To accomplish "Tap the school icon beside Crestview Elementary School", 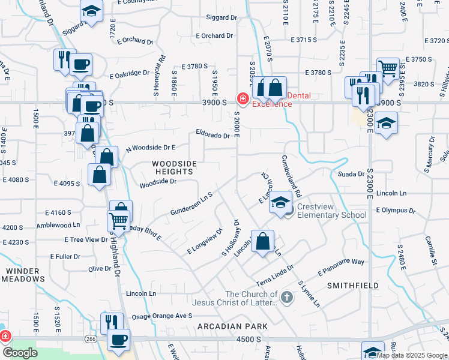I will pyautogui.click(x=280, y=203).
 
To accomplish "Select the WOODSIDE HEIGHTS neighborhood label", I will pyautogui.click(x=174, y=167).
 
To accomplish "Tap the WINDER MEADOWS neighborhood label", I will pyautogui.click(x=25, y=275).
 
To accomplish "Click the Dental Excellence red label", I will pyautogui.click(x=272, y=100).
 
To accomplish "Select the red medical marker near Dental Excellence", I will pyautogui.click(x=243, y=98).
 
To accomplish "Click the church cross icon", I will pyautogui.click(x=288, y=296).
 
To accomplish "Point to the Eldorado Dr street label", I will pyautogui.click(x=212, y=136).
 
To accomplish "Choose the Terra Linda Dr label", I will pyautogui.click(x=274, y=275).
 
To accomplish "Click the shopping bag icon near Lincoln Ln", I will pyautogui.click(x=262, y=242).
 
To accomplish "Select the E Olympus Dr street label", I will pyautogui.click(x=395, y=211).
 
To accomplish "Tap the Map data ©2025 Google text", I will pyautogui.click(x=412, y=355).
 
